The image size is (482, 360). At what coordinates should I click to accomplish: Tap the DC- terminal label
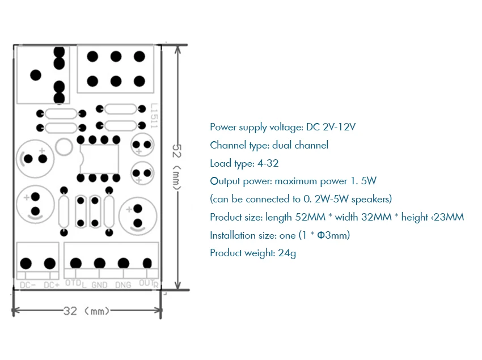click(27, 285)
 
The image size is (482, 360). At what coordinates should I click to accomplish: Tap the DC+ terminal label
click(51, 285)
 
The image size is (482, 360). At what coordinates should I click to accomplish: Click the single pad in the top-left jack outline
click(35, 74)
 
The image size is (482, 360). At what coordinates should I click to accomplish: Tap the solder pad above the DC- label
click(26, 263)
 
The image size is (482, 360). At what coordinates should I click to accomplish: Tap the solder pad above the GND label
click(99, 263)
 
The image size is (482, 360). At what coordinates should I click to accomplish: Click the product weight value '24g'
click(287, 253)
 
